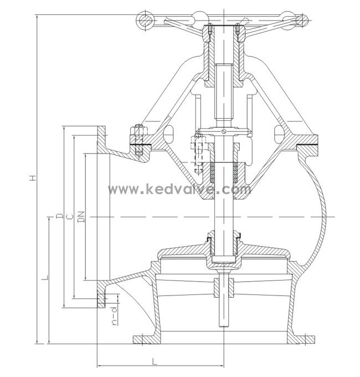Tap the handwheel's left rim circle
[145, 21]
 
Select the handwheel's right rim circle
[302, 21]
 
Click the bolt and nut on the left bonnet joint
[137, 139]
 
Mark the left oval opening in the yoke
[169, 134]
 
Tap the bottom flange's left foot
[142, 338]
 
